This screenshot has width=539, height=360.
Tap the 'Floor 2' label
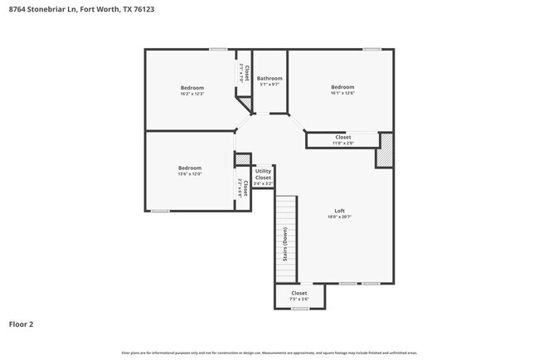(22, 324)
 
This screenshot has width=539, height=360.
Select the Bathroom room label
(269, 79)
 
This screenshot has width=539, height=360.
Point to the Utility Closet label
(263, 174)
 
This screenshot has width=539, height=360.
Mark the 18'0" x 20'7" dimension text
(339, 216)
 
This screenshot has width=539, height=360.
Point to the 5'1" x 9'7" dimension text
(269, 85)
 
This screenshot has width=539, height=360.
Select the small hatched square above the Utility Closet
(243, 159)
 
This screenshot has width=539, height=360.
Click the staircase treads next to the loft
(286, 241)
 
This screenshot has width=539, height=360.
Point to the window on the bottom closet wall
(300, 309)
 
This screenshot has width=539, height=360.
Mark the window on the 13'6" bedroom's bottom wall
(160, 211)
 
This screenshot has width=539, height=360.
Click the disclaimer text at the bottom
(269, 353)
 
